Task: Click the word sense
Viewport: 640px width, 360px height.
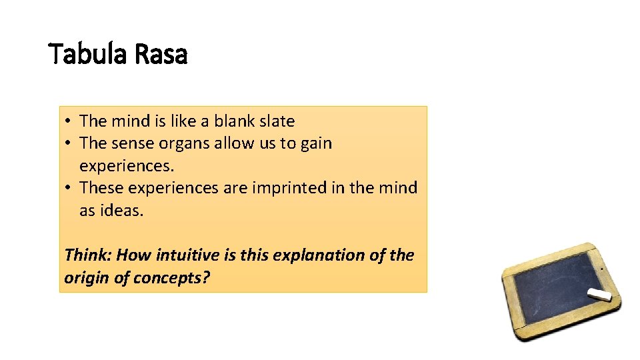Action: pyautogui.click(x=133, y=143)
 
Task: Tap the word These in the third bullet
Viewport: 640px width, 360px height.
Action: pyautogui.click(x=101, y=188)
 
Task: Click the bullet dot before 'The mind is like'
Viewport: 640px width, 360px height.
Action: pyautogui.click(x=69, y=122)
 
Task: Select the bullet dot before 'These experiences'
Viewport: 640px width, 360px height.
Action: pyautogui.click(x=69, y=189)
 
